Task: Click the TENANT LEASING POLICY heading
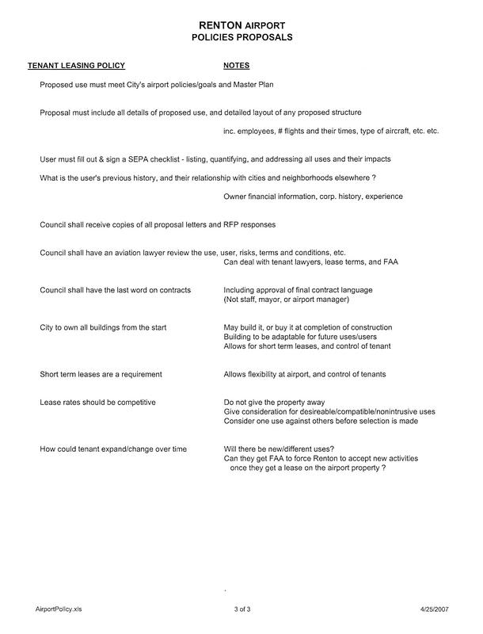[x=77, y=66]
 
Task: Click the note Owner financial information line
[x=313, y=196]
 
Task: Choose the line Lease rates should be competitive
[x=97, y=403]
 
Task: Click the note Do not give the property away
[x=274, y=403]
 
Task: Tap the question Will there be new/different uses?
[x=279, y=449]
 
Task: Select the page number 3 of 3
[x=241, y=609]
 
